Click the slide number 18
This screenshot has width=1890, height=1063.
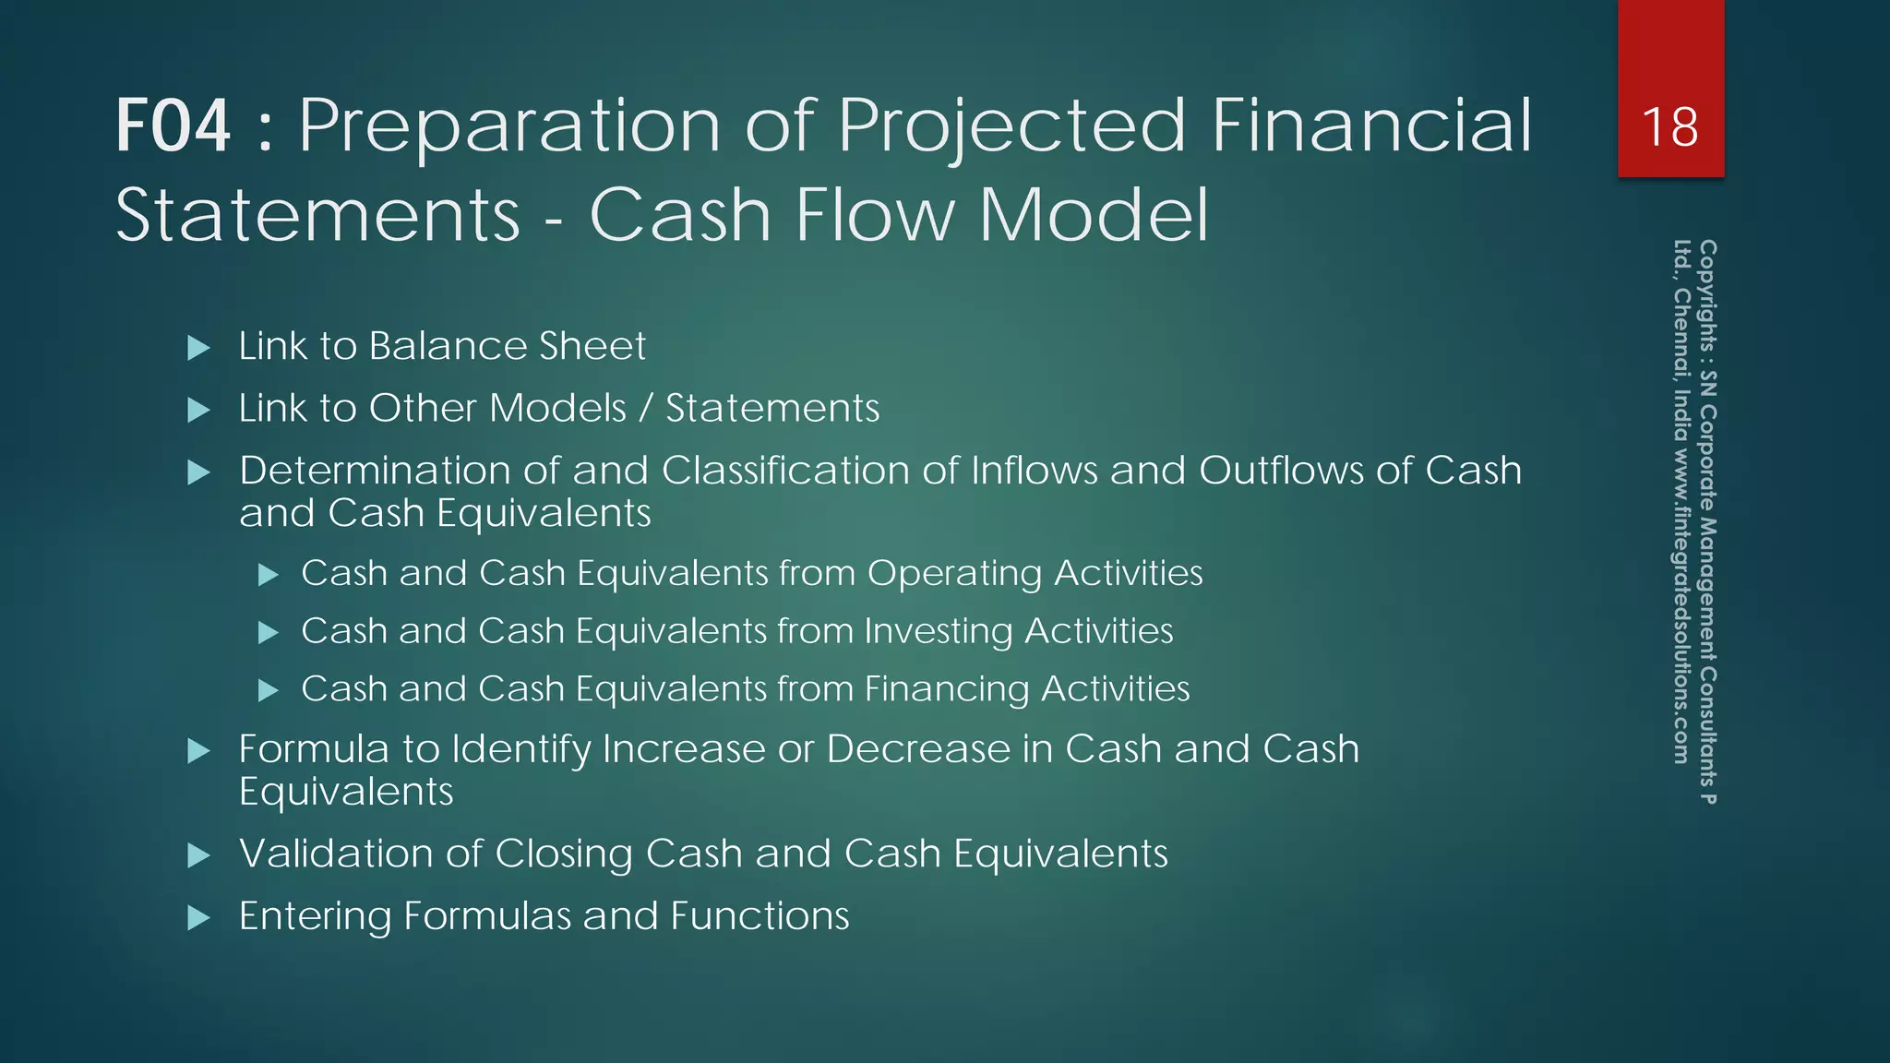(x=1669, y=126)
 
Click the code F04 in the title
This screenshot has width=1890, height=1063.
(x=173, y=126)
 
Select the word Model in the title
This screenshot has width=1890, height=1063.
(x=1093, y=215)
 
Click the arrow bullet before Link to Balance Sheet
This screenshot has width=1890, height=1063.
(x=198, y=348)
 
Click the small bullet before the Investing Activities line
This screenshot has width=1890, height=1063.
(x=268, y=633)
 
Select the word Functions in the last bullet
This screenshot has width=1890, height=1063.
(x=760, y=916)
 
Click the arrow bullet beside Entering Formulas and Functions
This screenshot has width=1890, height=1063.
(x=198, y=918)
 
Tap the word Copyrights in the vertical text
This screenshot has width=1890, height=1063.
(x=1707, y=292)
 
